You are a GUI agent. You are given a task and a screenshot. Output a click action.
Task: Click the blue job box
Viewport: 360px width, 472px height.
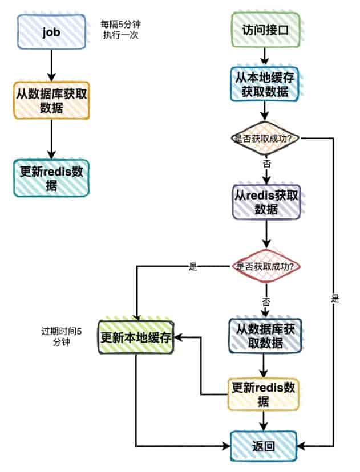pos(51,31)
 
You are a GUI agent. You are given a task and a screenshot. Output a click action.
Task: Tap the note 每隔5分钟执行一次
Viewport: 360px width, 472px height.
pos(120,30)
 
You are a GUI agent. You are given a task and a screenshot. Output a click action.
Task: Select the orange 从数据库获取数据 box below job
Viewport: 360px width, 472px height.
pos(51,101)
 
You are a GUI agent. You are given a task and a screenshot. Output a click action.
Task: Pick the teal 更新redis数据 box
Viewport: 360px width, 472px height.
pos(51,178)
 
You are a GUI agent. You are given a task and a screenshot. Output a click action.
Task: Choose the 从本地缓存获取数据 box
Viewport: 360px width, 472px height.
pos(265,83)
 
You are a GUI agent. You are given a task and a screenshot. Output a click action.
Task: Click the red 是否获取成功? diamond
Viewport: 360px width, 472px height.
pos(265,266)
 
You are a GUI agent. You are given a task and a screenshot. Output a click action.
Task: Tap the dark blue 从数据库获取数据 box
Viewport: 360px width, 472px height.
pos(266,335)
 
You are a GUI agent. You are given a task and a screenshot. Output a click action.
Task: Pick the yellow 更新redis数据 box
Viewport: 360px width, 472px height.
pos(264,394)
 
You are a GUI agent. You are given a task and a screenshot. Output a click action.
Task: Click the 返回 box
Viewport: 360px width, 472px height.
pos(264,446)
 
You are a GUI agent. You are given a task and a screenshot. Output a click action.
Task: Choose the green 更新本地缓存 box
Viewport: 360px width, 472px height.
pos(136,337)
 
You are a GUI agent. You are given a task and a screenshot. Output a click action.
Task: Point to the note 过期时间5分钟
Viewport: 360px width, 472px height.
pos(61,337)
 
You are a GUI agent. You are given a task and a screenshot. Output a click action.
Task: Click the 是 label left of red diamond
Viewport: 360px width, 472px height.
pos(192,266)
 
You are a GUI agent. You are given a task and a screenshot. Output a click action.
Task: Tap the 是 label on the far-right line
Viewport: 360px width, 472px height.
pos(335,298)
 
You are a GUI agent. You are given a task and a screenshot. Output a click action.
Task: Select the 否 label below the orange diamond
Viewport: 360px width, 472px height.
pos(266,163)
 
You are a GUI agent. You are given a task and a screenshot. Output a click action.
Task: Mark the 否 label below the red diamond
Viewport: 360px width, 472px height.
pos(265,300)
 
